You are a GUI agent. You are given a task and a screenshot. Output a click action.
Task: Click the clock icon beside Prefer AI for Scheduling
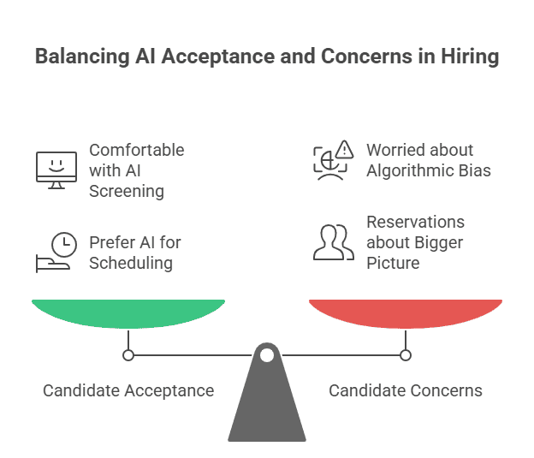pyautogui.click(x=63, y=245)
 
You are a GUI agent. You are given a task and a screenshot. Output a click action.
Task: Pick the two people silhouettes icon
pyautogui.click(x=333, y=243)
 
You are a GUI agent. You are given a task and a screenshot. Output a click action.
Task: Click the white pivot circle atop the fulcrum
pyautogui.click(x=267, y=354)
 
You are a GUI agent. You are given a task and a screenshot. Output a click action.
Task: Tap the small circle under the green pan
pyautogui.click(x=128, y=354)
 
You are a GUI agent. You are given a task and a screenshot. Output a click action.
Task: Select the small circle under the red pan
pyautogui.click(x=405, y=354)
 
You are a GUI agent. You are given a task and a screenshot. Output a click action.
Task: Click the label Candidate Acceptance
pyautogui.click(x=128, y=391)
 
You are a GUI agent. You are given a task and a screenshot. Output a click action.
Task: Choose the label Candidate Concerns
pyautogui.click(x=406, y=391)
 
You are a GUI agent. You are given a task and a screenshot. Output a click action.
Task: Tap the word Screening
pyautogui.click(x=127, y=191)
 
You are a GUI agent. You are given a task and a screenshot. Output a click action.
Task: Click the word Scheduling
pyautogui.click(x=131, y=263)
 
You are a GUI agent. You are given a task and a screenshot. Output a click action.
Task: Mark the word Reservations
pyautogui.click(x=416, y=222)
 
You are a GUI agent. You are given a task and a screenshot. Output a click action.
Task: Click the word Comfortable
pyautogui.click(x=137, y=150)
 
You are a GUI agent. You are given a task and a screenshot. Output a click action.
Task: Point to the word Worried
pyautogui.click(x=395, y=150)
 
